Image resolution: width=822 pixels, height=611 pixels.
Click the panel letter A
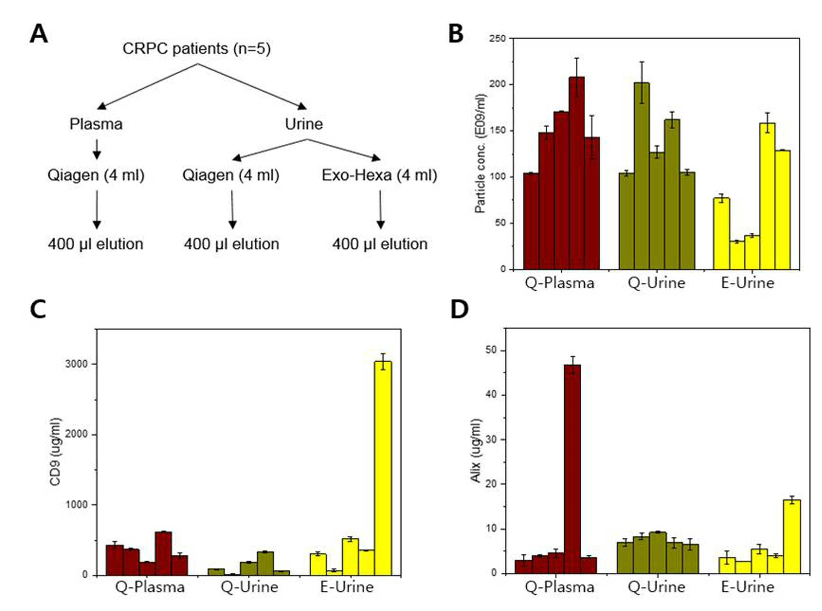tap(39, 34)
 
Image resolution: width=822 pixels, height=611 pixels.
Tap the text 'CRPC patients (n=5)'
tap(197, 49)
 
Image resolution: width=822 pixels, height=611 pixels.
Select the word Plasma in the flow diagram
tap(96, 124)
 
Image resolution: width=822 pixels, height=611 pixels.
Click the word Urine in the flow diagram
tap(304, 124)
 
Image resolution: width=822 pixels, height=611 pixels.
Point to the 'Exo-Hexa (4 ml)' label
tap(380, 175)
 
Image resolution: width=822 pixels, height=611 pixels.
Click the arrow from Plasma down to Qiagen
tap(97, 149)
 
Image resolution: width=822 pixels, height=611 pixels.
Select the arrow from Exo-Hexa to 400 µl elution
tap(380, 209)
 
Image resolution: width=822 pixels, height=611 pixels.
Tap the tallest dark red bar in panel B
tap(577, 173)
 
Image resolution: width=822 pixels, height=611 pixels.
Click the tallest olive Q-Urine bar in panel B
tap(641, 176)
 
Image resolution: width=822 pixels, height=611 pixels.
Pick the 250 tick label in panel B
tap(497, 39)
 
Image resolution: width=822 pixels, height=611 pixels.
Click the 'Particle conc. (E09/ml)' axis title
tap(480, 153)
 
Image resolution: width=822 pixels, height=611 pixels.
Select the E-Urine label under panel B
tap(747, 283)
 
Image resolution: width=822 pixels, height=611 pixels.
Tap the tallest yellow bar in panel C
tap(383, 468)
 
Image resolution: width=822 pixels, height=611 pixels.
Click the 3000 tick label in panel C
tap(76, 364)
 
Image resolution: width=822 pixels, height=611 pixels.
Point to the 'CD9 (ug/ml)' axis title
tap(55, 452)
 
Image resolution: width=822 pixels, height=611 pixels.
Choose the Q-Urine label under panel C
tap(249, 587)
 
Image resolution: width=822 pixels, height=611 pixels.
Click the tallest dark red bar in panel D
tap(572, 469)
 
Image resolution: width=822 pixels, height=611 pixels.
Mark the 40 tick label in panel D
tap(491, 394)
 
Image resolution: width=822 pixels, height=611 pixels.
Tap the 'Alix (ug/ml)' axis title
tap(476, 451)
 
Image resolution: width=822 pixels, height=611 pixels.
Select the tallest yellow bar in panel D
tap(792, 536)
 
